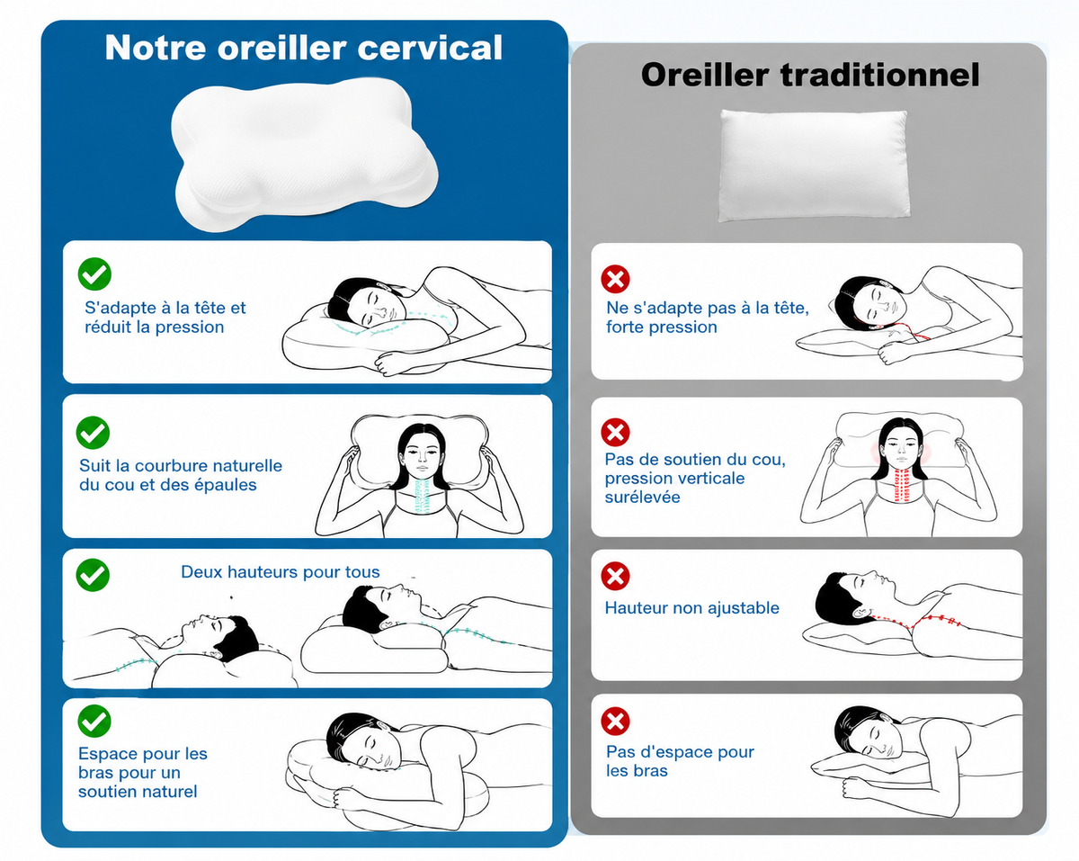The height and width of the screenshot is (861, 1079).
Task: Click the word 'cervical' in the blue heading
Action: pos(430,48)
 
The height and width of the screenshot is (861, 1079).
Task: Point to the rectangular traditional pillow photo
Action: pos(814,166)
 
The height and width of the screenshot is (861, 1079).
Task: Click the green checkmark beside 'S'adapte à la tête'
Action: pos(94,274)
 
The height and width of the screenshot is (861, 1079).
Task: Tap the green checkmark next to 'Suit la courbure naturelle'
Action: pos(93,433)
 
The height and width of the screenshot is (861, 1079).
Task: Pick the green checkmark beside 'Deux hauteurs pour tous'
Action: pos(93,575)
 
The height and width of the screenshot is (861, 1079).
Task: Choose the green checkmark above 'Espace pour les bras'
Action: pos(94,721)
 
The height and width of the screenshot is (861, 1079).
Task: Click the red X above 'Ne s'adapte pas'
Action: pos(615,279)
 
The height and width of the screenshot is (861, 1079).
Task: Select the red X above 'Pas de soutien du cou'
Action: pos(615,432)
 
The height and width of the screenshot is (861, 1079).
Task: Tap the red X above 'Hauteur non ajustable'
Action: pos(615,576)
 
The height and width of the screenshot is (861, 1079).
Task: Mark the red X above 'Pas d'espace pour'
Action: pos(615,722)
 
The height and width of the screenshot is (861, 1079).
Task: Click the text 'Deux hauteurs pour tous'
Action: pos(281,572)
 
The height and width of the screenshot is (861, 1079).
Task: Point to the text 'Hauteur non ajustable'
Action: pos(692,608)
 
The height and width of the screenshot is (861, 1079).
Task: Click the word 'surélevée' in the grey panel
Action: pos(642,498)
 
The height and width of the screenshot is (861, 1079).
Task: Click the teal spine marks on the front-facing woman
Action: pos(423,497)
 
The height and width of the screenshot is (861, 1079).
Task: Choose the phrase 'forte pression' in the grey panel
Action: pos(662,327)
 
